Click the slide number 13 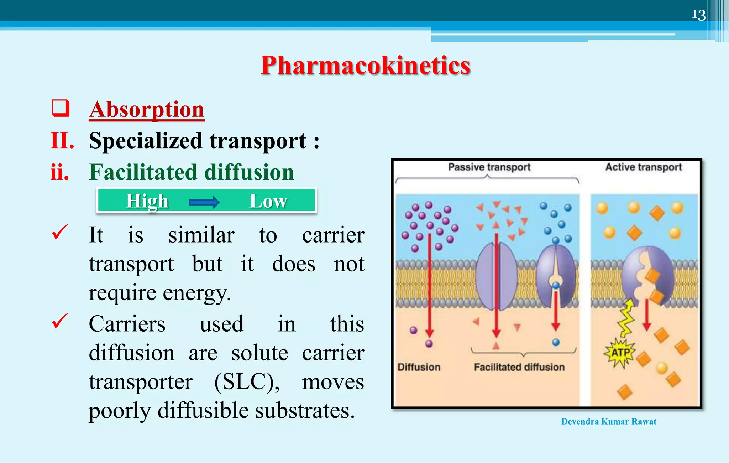tap(698, 15)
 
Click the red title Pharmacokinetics tap(365, 66)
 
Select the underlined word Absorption tap(146, 109)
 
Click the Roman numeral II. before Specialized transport tap(62, 141)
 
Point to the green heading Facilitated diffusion tap(191, 172)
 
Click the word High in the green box tap(147, 201)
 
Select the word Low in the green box tap(268, 201)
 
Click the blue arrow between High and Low tap(204, 202)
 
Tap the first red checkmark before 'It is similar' tap(59, 232)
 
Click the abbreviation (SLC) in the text tap(247, 382)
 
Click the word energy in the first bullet tap(196, 293)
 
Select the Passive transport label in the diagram tap(489, 167)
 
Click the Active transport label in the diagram tap(643, 167)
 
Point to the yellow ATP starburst tap(620, 353)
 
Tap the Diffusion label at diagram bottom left tap(419, 367)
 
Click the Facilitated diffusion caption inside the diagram tap(519, 367)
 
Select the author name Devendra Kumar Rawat tap(609, 422)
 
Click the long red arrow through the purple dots tap(430, 285)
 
